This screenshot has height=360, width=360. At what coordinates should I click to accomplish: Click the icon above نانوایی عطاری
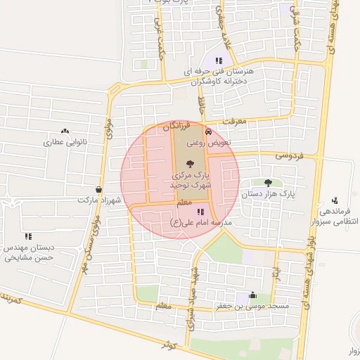point(65,131)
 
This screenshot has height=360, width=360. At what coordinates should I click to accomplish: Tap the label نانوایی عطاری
point(65,141)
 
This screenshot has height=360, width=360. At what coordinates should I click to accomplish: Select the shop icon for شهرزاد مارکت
point(98,189)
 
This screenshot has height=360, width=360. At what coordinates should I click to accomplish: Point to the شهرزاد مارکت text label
point(97,200)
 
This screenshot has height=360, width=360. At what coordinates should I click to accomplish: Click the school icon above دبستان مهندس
point(28,236)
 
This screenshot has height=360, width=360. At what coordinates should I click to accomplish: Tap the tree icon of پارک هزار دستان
point(268,182)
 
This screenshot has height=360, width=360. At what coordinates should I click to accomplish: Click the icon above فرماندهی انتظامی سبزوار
point(334,200)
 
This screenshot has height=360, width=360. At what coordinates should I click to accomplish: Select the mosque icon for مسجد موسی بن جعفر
point(252,295)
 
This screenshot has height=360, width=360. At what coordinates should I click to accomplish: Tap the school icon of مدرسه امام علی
point(200,211)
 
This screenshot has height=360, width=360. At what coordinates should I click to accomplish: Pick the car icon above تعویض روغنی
point(207,131)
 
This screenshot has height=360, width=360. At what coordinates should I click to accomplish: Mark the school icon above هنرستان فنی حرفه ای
point(219,60)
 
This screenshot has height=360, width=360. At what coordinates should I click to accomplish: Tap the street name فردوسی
point(288,155)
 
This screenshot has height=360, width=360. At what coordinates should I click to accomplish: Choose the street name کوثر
point(167,345)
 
